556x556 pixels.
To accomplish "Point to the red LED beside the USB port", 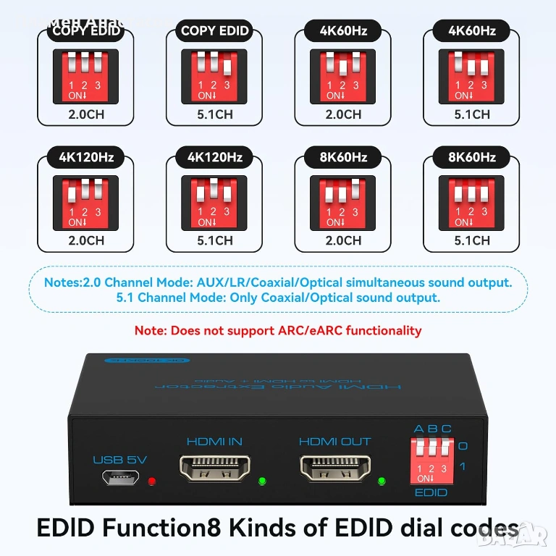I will tap(151, 481).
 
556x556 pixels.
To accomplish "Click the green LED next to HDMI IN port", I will tap(261, 480).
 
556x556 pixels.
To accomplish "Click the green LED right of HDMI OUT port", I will tap(381, 480).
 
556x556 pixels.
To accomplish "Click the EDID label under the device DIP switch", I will tap(431, 493).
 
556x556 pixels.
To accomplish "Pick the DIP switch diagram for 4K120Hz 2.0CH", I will tap(86, 203).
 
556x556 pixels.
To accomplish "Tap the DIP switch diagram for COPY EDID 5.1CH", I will tap(214, 77).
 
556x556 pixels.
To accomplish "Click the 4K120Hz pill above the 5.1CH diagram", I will tap(214, 156).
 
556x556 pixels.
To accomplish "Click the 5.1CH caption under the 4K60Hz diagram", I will tap(471, 114).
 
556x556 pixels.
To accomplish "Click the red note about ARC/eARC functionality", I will tap(277, 331).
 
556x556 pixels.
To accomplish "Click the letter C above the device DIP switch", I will tap(446, 429).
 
